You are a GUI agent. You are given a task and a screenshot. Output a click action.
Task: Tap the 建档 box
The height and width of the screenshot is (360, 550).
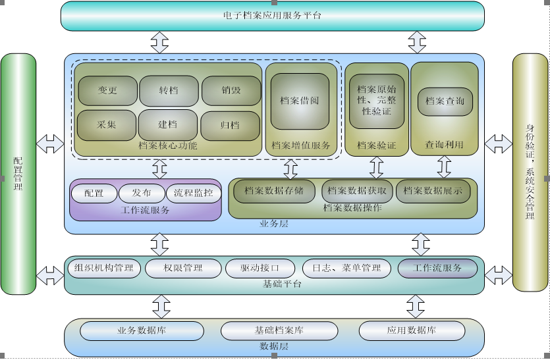pyautogui.click(x=168, y=124)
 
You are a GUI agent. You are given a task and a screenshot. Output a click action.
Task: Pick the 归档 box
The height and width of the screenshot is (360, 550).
pyautogui.click(x=231, y=124)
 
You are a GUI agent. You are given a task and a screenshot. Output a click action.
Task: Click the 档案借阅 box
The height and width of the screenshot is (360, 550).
pyautogui.click(x=300, y=101)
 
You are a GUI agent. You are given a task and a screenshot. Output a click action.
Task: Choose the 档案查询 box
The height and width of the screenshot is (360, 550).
pyautogui.click(x=445, y=101)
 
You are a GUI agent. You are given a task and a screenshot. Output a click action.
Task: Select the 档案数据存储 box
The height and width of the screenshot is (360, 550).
pyautogui.click(x=274, y=191)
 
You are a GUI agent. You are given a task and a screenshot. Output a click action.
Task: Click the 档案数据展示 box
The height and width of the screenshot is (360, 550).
pyautogui.click(x=433, y=191)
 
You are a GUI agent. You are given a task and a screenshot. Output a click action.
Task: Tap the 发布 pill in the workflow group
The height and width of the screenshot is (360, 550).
pyautogui.click(x=142, y=193)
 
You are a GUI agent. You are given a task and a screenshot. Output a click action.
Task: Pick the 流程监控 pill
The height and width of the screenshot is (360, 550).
pyautogui.click(x=194, y=193)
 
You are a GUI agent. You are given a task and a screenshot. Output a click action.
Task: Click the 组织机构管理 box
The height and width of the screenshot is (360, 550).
pyautogui.click(x=104, y=268)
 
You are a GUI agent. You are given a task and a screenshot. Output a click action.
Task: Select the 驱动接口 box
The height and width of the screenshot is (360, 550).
pyautogui.click(x=260, y=269)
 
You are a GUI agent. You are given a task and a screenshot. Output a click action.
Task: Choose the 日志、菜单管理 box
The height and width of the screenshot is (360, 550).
pyautogui.click(x=346, y=268)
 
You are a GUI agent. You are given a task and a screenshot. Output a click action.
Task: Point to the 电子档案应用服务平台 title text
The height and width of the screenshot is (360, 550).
pyautogui.click(x=272, y=15)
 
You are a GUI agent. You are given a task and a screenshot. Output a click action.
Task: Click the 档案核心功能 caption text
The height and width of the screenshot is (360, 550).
pyautogui.click(x=168, y=146)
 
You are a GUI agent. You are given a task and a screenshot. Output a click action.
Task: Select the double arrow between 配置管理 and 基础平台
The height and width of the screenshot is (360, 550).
pyautogui.click(x=50, y=275)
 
